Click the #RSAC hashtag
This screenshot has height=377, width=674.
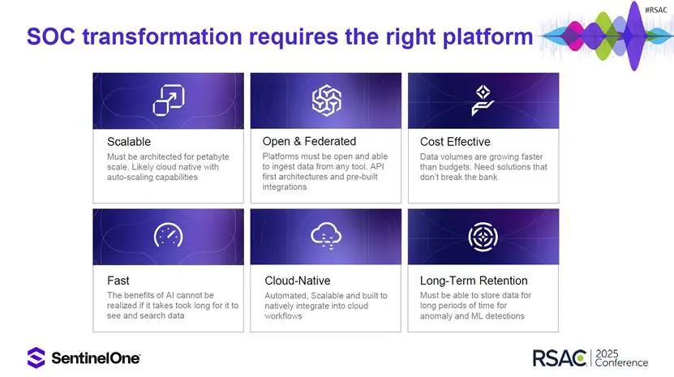(656, 10)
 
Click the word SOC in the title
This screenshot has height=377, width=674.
(51, 36)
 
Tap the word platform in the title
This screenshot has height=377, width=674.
(487, 37)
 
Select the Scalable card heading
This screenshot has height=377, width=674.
(129, 141)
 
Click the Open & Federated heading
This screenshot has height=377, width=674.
(309, 141)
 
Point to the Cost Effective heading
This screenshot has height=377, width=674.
(455, 141)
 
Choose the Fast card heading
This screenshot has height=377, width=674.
(118, 281)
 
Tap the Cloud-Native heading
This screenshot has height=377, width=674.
(298, 281)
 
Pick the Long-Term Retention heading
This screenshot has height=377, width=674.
(474, 281)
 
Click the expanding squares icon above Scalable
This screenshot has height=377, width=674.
(169, 101)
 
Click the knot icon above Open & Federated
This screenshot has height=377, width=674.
(327, 101)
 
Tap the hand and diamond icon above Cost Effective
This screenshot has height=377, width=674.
(483, 101)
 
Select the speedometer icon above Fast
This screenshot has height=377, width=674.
(169, 235)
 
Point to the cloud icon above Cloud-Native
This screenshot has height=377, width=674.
(326, 236)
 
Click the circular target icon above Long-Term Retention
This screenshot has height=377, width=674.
(483, 237)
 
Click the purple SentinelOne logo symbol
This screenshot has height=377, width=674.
(36, 358)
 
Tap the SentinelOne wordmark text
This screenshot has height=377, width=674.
(96, 358)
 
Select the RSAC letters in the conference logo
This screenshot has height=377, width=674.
(559, 358)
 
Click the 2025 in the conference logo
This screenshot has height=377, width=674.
(607, 353)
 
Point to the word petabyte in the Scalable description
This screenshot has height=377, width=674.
(213, 156)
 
